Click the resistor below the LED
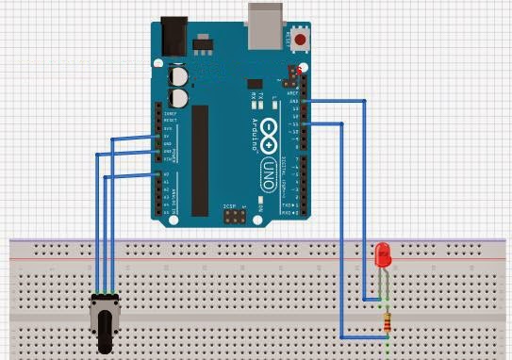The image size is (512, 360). (x=386, y=324)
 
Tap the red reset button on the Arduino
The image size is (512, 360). (x=301, y=40)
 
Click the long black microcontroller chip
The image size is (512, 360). (x=200, y=159)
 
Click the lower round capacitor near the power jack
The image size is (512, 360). (x=178, y=96)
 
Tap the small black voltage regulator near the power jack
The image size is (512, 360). (x=202, y=42)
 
